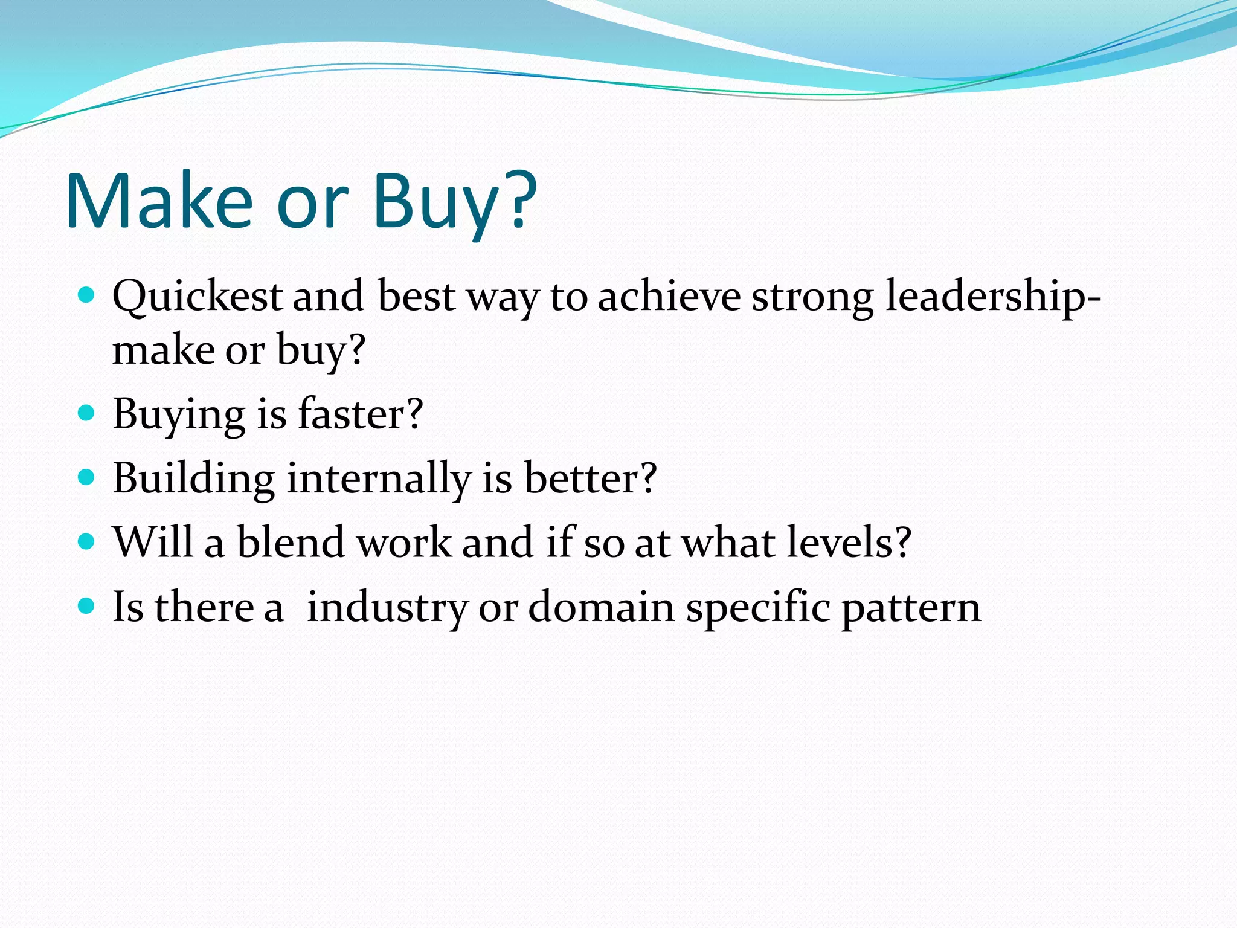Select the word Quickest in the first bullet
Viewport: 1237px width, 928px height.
pyautogui.click(x=197, y=297)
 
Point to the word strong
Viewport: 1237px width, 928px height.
pyautogui.click(x=812, y=297)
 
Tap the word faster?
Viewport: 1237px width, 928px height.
pyautogui.click(x=361, y=414)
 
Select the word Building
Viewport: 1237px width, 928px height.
pyautogui.click(x=193, y=478)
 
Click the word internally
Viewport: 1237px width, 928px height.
pyautogui.click(x=378, y=478)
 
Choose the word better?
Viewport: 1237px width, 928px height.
pyautogui.click(x=590, y=478)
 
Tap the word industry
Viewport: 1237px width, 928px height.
pyautogui.click(x=387, y=607)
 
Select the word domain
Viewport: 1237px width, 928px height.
pyautogui.click(x=601, y=606)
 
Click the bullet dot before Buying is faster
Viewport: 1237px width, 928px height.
pyautogui.click(x=87, y=413)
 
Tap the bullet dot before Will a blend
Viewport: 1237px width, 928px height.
pyautogui.click(x=87, y=541)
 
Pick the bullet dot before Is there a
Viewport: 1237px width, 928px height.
pyautogui.click(x=87, y=605)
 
